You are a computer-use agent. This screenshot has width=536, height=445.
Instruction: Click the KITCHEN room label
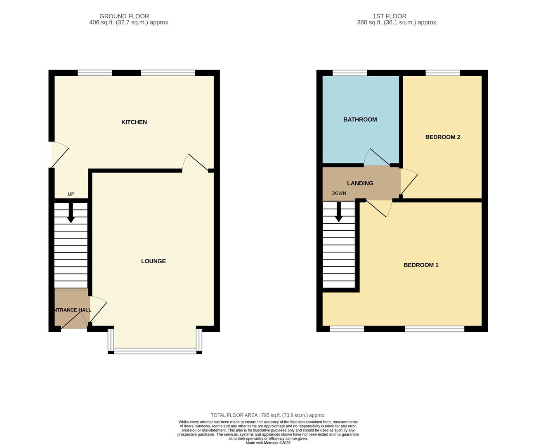click(134, 122)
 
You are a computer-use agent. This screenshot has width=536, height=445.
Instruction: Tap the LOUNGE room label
click(153, 261)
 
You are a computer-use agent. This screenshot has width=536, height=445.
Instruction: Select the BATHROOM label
click(360, 119)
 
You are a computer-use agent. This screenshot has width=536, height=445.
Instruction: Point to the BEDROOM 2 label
click(442, 137)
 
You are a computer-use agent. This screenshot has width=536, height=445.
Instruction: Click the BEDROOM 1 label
click(420, 265)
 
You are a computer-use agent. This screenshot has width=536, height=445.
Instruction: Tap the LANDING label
click(360, 183)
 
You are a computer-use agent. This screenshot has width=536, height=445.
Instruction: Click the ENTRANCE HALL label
click(72, 310)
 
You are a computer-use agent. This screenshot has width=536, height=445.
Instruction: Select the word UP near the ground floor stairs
click(71, 194)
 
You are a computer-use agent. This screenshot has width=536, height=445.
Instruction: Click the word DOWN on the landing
click(338, 193)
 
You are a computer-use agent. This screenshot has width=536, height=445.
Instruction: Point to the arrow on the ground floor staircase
click(71, 214)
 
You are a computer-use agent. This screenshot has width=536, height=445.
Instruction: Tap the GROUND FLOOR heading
click(124, 16)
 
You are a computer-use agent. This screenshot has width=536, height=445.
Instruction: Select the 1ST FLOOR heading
click(389, 16)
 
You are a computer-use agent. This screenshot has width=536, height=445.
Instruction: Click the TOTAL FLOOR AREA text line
click(268, 415)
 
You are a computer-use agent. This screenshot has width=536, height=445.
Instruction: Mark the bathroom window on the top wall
click(349, 73)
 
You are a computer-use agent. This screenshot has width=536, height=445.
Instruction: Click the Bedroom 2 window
click(442, 73)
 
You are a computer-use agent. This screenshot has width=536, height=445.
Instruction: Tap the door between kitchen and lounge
click(196, 162)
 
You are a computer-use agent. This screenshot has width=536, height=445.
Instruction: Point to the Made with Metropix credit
click(268, 443)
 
